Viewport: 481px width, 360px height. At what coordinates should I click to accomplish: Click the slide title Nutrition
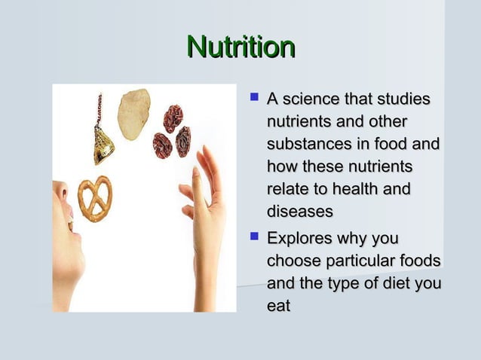tap(240, 47)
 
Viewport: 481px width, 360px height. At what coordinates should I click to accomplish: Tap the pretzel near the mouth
tap(95, 198)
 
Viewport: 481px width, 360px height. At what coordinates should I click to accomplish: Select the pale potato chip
tap(133, 114)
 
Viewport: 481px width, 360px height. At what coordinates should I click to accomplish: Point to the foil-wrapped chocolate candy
tap(103, 142)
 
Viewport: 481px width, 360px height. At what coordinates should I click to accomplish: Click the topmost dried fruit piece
tap(173, 118)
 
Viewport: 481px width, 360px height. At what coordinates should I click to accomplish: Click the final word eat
tap(278, 305)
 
